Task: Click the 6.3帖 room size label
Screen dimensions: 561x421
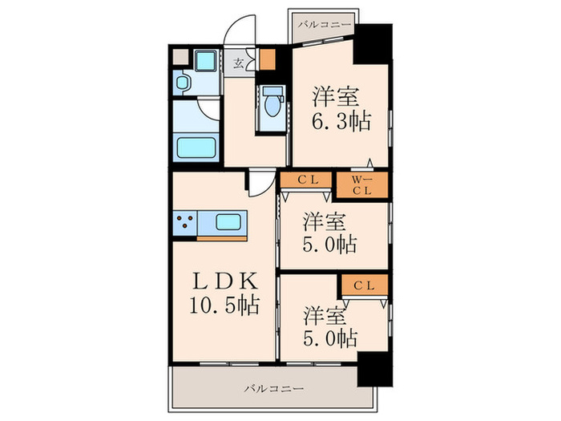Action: pos(341,121)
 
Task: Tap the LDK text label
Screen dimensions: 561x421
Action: pos(224,281)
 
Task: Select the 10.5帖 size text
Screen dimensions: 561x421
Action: pos(224,305)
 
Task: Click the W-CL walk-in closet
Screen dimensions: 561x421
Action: pos(362,184)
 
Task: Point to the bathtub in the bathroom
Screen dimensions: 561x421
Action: pos(196,147)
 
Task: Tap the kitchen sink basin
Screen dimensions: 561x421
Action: pos(228,222)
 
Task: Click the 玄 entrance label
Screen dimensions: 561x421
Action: pos(238,63)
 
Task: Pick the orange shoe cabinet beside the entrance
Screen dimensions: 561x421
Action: pos(267,59)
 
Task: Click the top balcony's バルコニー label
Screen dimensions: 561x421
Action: pos(325,25)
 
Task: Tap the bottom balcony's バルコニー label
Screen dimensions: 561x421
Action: pos(274,388)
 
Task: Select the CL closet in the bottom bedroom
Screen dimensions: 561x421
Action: pos(365,285)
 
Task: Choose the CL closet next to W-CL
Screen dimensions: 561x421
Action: pos(306,180)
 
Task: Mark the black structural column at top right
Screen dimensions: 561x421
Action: pos(373,43)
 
